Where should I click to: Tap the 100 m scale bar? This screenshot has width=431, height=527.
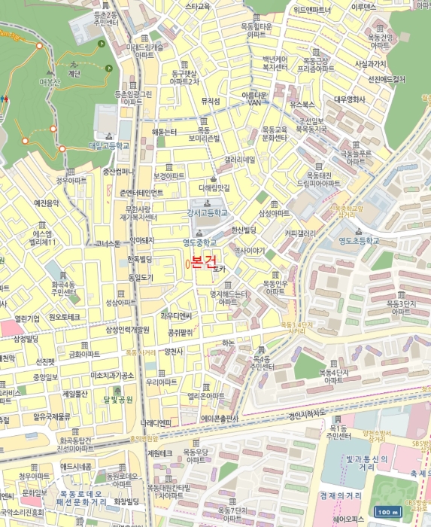(387, 513)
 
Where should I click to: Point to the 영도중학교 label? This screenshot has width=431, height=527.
(199, 242)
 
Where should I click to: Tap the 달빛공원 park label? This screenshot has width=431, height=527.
(118, 399)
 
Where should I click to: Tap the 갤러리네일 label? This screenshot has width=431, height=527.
(240, 160)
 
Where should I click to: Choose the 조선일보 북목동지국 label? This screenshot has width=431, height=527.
(311, 125)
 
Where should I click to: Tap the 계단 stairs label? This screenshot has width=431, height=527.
(74, 74)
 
